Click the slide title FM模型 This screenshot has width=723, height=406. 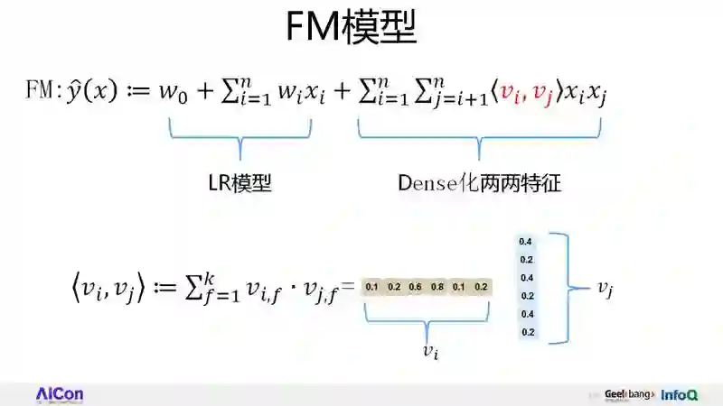[352, 29]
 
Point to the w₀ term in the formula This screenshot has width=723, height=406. [146, 92]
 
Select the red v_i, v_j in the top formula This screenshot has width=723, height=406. [528, 92]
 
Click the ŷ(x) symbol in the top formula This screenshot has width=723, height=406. [88, 92]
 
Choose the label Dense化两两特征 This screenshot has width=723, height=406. [479, 183]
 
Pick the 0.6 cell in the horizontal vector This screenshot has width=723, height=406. [416, 287]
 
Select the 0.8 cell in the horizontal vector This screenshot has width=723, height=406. [437, 287]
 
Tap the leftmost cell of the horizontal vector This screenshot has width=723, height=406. [372, 287]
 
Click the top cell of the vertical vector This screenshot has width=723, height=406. [527, 242]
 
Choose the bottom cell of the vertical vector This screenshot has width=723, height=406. [527, 332]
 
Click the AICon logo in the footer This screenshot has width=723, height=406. [59, 394]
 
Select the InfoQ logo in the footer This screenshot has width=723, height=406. [680, 394]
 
